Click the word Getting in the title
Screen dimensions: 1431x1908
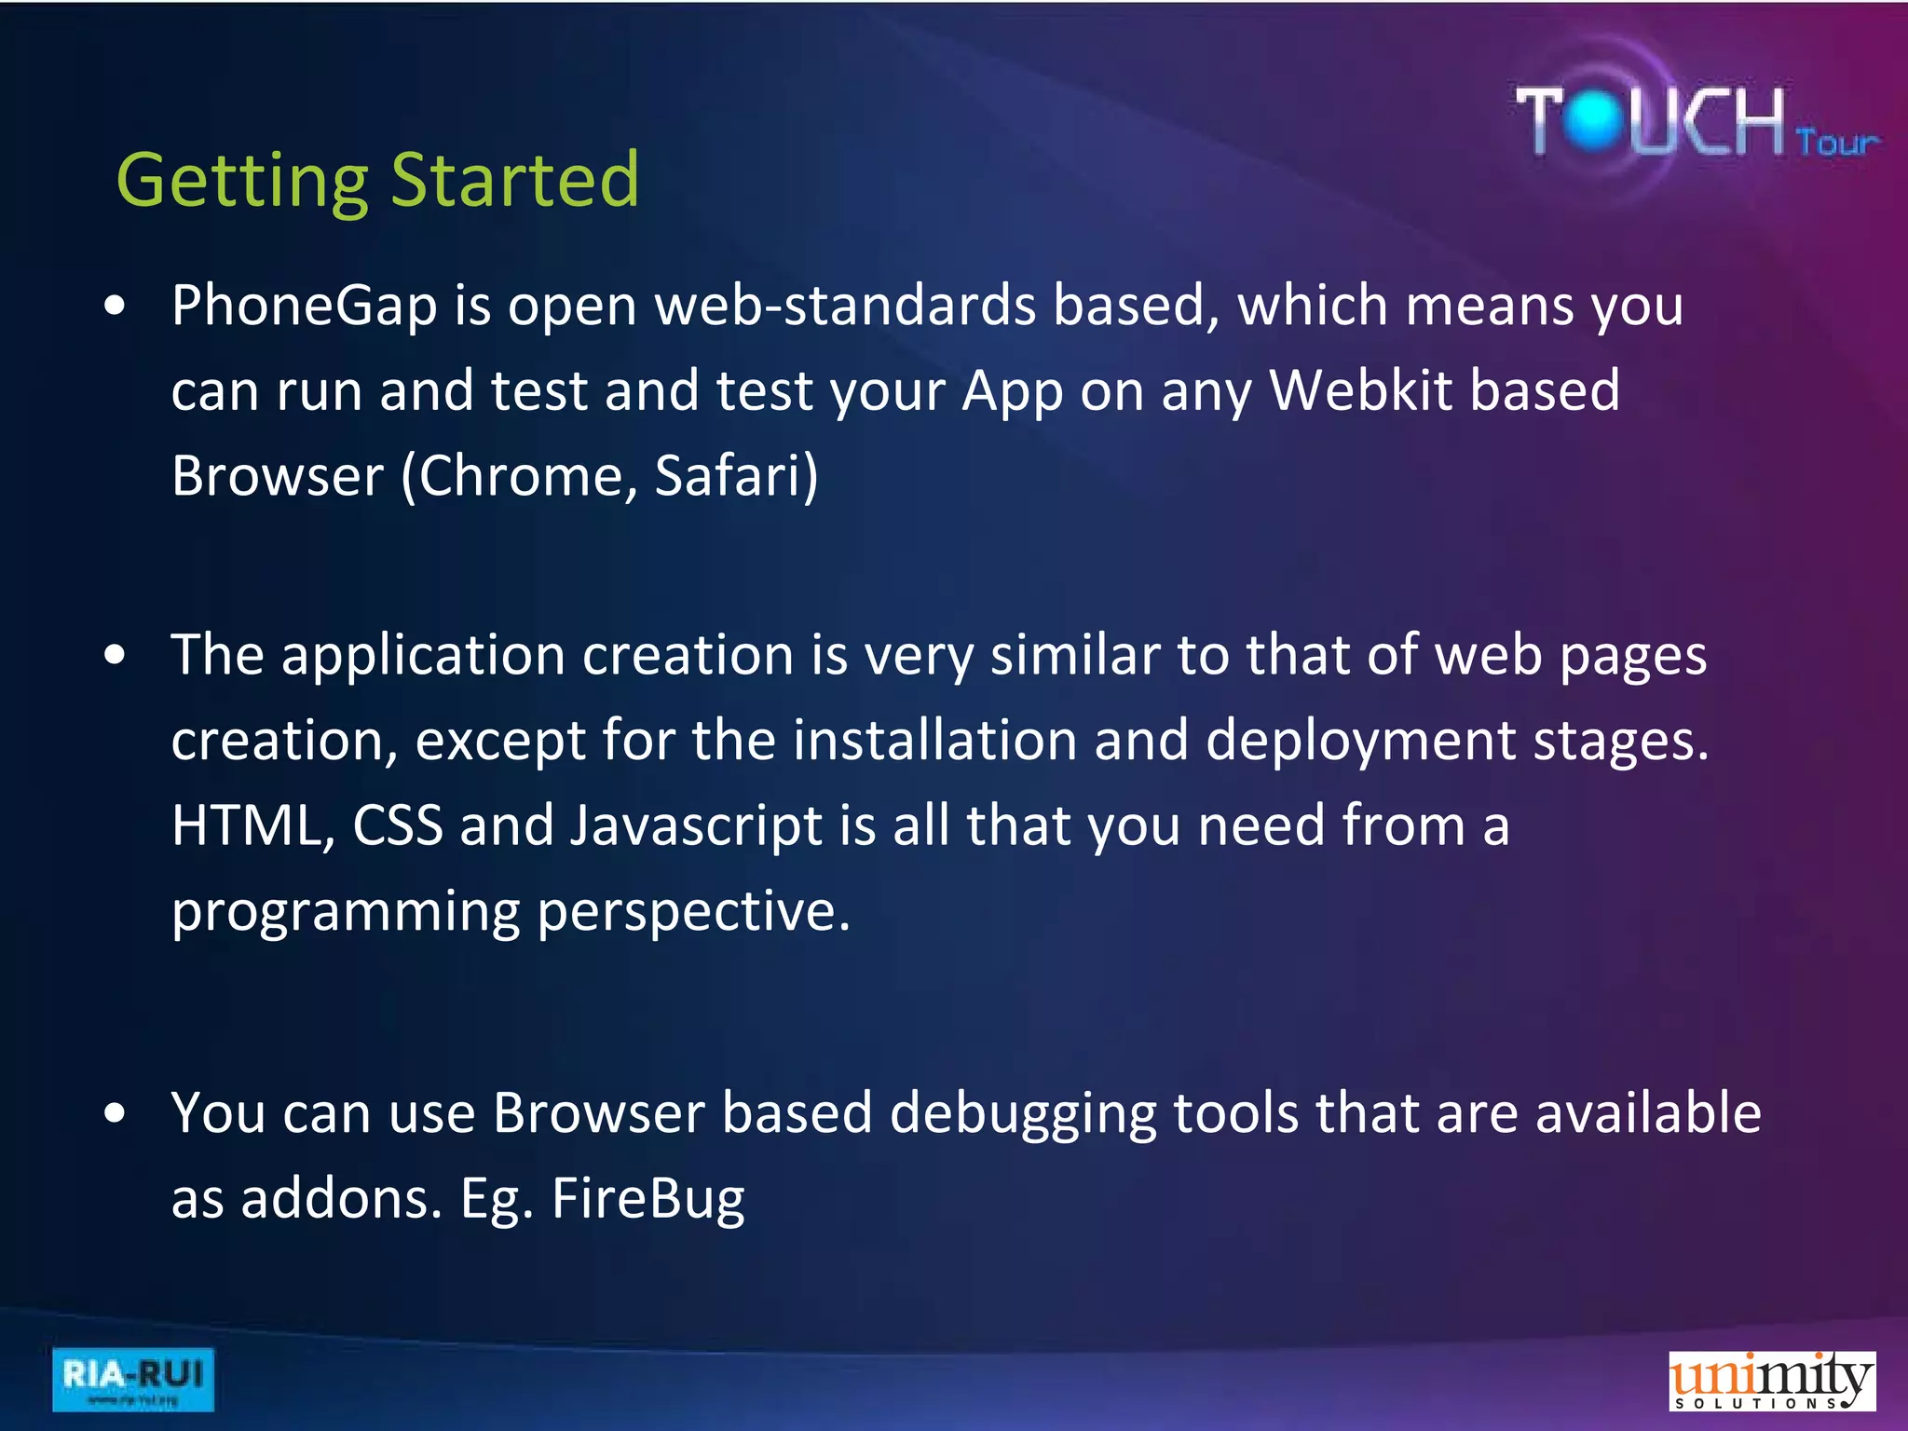point(242,182)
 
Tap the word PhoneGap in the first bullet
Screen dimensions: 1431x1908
point(304,307)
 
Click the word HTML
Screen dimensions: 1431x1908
point(246,826)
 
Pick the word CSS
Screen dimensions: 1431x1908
point(398,826)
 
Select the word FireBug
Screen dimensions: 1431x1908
point(648,1200)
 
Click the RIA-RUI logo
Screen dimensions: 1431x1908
point(132,1379)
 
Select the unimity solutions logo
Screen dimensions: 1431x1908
point(1771,1381)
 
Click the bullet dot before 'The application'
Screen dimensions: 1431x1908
point(115,655)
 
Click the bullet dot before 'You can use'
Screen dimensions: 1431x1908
point(115,1112)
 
